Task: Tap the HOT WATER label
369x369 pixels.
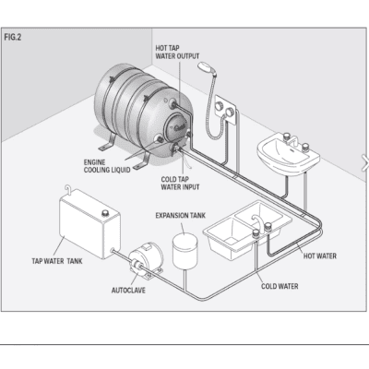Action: pos(319,256)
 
